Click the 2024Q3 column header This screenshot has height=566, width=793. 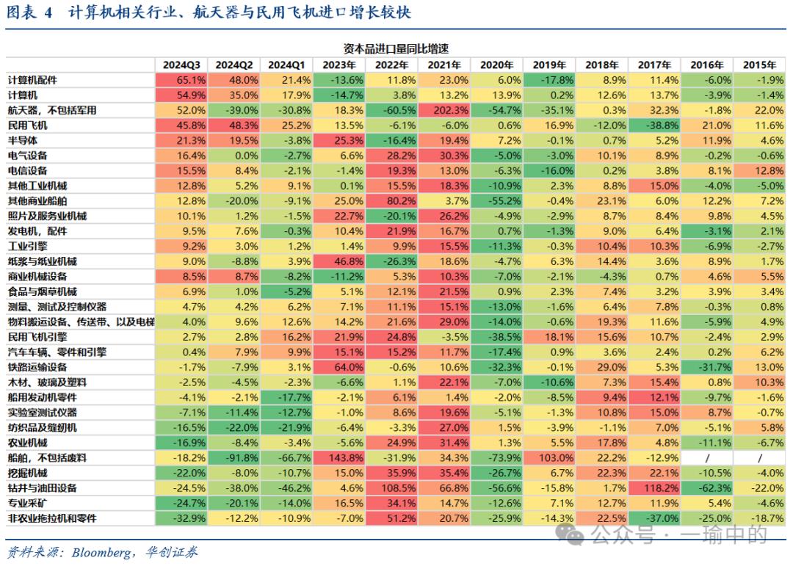tap(181, 65)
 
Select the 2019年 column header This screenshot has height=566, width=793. tap(549, 65)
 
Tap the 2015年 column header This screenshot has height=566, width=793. tap(759, 65)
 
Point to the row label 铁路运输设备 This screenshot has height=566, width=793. tap(37, 367)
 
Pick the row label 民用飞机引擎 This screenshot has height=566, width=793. tap(37, 337)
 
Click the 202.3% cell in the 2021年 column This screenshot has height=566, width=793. tap(443, 110)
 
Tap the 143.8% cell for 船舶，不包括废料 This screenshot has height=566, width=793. tap(338, 458)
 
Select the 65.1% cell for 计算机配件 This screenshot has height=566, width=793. tap(181, 80)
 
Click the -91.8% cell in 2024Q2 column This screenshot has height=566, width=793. tap(233, 458)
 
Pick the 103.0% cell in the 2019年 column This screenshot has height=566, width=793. tap(549, 458)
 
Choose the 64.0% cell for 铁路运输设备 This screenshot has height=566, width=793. tap(338, 367)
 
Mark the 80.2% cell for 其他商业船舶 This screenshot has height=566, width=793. tap(391, 200)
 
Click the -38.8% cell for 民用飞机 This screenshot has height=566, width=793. tap(654, 125)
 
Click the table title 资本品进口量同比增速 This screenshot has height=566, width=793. tap(396, 48)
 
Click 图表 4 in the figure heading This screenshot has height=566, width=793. tap(29, 14)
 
